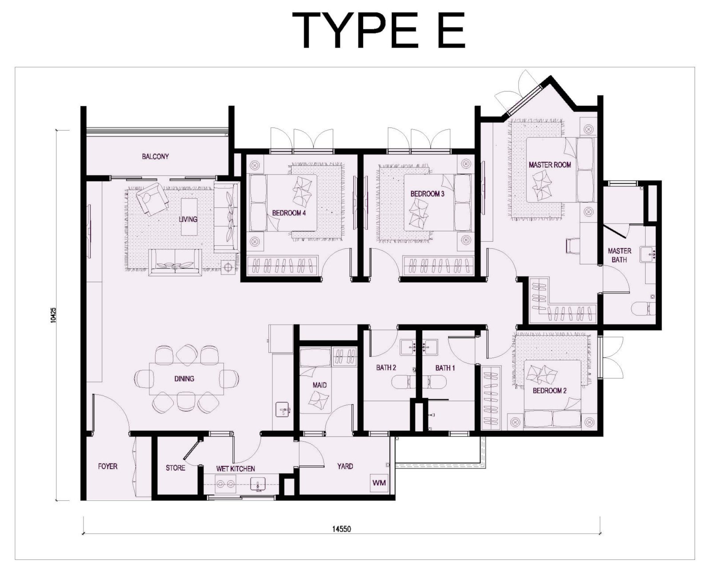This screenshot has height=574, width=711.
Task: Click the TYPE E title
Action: (378, 30)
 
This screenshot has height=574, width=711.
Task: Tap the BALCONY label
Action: (155, 156)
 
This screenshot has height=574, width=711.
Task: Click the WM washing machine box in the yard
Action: (379, 482)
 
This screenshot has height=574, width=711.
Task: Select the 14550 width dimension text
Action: (341, 529)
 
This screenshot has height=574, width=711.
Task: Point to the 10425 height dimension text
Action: (53, 315)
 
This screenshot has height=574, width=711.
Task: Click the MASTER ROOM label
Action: (550, 164)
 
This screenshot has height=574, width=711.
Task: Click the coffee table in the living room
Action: (189, 217)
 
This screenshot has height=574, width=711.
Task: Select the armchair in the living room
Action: (152, 199)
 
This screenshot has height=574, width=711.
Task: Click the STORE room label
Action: (175, 467)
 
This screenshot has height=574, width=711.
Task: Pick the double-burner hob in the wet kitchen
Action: (225, 483)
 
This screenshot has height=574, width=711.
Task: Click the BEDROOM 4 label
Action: (289, 213)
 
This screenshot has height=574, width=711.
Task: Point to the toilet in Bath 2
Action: (403, 382)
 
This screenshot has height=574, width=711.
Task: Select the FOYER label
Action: (108, 466)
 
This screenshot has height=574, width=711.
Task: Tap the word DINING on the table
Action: (184, 379)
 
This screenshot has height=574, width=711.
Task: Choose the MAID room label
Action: (320, 385)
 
